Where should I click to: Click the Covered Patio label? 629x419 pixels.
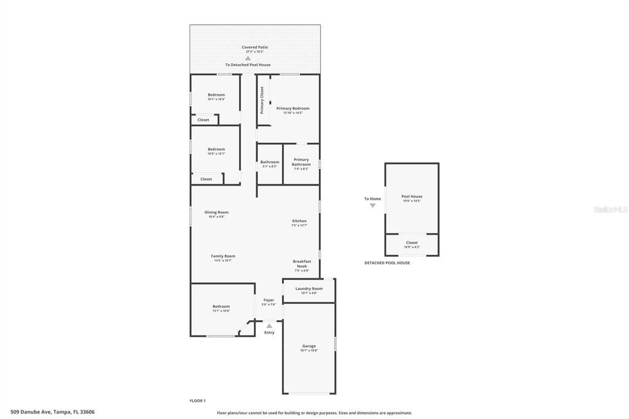254,47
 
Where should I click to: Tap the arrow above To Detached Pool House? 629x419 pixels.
248,58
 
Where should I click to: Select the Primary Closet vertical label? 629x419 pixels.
262,100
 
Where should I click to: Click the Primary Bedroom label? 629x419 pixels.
292,108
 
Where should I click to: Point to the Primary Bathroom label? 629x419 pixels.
301,162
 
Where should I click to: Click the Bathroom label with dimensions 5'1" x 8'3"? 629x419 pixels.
270,162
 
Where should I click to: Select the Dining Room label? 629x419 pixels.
216,213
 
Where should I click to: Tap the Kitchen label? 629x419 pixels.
299,221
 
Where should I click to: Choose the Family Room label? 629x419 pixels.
223,256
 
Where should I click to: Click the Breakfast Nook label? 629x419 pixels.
302,264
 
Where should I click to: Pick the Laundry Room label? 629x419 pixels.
308,289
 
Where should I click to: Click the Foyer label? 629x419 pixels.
269,300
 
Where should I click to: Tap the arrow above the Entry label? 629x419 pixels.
269,326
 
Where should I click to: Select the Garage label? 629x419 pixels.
308,346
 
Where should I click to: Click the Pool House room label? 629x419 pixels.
412,197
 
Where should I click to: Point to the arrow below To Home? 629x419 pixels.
372,206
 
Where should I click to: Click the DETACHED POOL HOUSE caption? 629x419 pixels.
387,263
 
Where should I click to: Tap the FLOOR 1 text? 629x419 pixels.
198,401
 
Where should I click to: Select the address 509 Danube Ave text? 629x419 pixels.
53,412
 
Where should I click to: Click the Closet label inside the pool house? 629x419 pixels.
412,243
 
